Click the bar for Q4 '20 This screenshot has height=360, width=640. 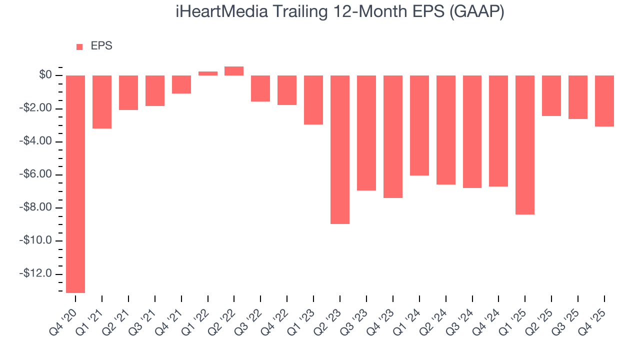pyautogui.click(x=75, y=184)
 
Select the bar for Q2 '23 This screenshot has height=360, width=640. pyautogui.click(x=340, y=149)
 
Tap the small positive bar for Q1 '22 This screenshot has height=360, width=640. pyautogui.click(x=207, y=73)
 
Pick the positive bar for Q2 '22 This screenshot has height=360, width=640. pyautogui.click(x=234, y=71)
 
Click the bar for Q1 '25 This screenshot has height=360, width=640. pyautogui.click(x=525, y=145)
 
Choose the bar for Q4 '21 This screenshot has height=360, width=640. pyautogui.click(x=181, y=84)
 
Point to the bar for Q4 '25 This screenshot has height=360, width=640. pyautogui.click(x=604, y=101)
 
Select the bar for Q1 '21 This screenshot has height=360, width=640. pyautogui.click(x=102, y=102)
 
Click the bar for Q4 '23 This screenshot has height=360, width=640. pyautogui.click(x=393, y=136)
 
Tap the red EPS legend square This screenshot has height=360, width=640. pyautogui.click(x=79, y=47)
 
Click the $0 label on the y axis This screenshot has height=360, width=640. pyautogui.click(x=46, y=75)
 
